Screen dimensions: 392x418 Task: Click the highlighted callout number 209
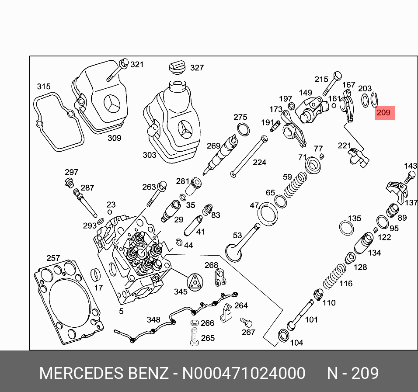383,113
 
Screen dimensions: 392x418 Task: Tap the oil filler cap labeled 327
176,69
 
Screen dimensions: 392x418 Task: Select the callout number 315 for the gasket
43,87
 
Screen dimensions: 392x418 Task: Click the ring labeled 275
244,129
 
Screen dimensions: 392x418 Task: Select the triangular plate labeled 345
195,281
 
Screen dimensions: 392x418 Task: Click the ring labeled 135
347,227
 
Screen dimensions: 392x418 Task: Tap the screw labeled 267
246,323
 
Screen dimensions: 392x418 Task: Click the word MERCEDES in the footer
81,374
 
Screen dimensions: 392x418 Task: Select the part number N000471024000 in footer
244,374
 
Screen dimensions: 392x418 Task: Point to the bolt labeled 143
410,176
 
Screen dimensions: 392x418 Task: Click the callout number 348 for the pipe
153,320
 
